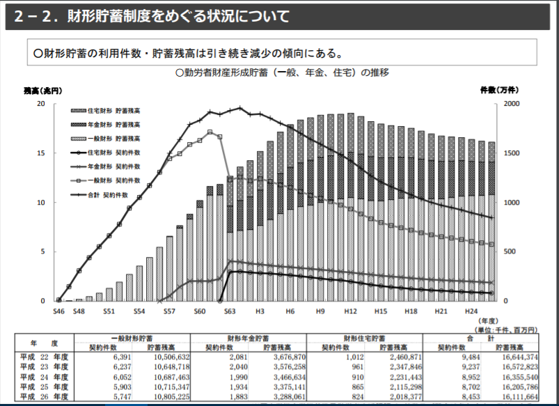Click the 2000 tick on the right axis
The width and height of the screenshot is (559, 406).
(512, 104)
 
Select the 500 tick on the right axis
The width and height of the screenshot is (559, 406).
(510, 251)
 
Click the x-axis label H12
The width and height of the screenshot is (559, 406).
(350, 312)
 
